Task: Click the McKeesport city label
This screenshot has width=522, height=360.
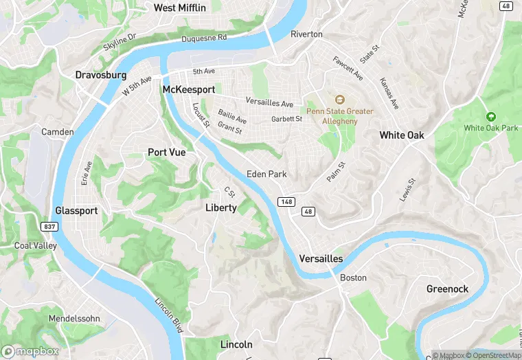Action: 188,90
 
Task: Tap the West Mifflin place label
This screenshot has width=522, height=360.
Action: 179,8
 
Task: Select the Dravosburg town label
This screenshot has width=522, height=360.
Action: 101,74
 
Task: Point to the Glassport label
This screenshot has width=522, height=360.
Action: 76,211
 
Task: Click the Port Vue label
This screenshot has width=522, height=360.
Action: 167,153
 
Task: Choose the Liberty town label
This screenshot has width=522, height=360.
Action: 221,207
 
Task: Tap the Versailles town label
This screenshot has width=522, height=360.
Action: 321,258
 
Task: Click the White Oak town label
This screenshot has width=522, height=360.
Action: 402,135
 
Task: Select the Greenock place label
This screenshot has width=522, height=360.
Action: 447,289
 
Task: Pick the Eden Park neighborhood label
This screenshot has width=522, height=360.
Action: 266,174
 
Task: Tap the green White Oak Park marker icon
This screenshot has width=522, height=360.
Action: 490,117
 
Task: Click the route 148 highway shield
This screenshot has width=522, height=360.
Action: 286,201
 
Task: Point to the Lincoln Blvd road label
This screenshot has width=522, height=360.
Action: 168,312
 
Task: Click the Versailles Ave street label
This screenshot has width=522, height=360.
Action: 269,104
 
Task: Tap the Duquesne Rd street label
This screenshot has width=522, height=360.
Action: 204,39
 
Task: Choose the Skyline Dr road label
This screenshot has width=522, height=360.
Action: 120,46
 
